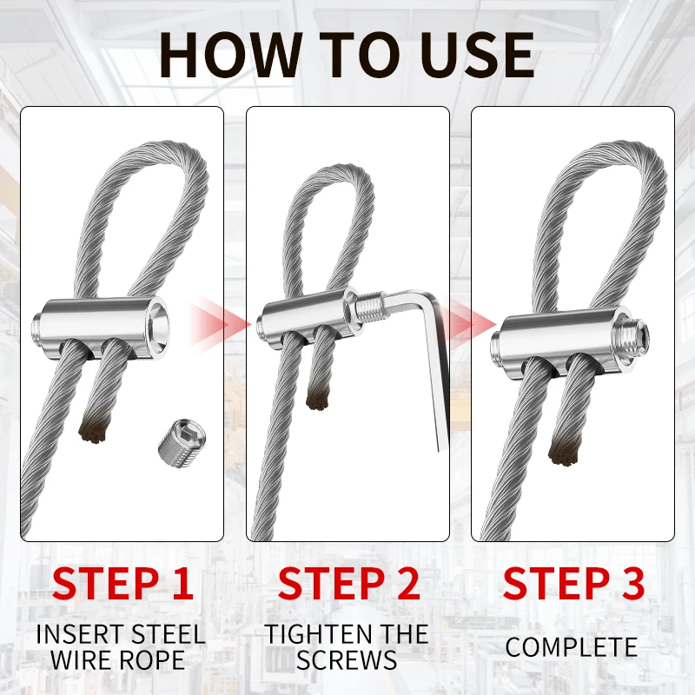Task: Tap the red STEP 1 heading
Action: [122, 584]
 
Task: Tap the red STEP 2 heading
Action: [348, 584]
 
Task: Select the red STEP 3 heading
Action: [573, 584]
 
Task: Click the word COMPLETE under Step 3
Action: [572, 647]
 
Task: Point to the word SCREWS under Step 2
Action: [348, 660]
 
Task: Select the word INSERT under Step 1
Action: [77, 634]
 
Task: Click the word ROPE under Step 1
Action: [155, 660]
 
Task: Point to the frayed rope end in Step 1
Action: [91, 427]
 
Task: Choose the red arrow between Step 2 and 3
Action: [460, 323]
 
